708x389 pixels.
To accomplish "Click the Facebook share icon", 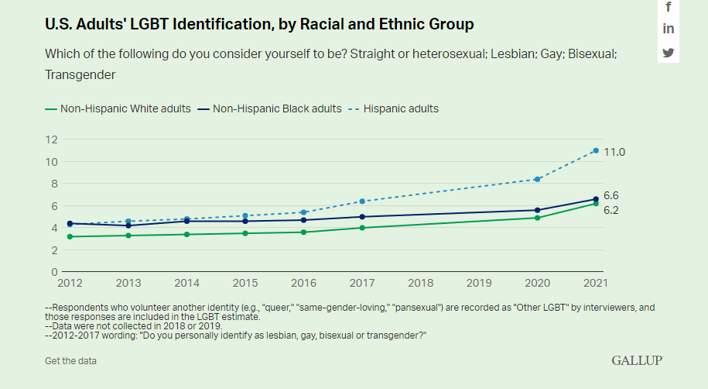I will (669, 7).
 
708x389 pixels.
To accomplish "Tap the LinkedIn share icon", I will (669, 29).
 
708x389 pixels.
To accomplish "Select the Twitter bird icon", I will (669, 53).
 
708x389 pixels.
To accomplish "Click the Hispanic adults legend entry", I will (394, 108).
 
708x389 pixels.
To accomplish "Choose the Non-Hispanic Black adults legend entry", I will (270, 108).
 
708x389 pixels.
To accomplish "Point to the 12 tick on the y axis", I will (52, 139).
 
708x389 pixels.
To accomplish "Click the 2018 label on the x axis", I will (420, 284).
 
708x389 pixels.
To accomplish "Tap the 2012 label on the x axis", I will (70, 284).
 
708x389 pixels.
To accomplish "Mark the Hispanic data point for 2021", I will (596, 150).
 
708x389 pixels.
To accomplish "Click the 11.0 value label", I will (614, 152).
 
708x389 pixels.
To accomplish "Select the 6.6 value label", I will (611, 195).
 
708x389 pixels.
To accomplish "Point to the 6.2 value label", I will (611, 210).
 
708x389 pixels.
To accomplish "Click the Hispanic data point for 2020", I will (537, 179).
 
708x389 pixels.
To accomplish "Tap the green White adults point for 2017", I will (362, 228).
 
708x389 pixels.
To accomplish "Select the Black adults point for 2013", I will (128, 225).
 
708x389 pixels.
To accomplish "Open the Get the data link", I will (70, 360).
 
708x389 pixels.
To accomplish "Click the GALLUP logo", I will (637, 360).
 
